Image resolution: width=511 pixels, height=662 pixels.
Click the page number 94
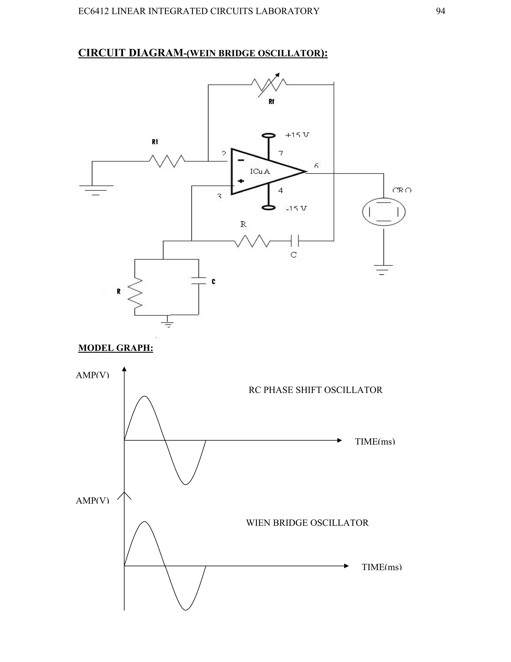click(x=440, y=11)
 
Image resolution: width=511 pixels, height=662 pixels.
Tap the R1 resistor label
click(x=155, y=142)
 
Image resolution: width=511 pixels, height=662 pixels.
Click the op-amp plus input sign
click(x=241, y=181)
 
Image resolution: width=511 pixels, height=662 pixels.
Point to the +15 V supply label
click(x=297, y=135)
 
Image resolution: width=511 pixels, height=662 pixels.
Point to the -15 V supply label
click(x=296, y=208)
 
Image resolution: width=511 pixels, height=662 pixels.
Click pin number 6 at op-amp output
click(x=316, y=165)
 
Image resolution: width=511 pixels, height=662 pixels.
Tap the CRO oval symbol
click(x=383, y=212)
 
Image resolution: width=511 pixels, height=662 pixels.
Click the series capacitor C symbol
click(x=294, y=241)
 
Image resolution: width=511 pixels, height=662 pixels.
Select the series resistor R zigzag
click(x=252, y=241)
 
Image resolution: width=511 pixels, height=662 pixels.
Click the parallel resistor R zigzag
click(x=135, y=293)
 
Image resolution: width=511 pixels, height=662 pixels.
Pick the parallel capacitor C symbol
click(x=199, y=281)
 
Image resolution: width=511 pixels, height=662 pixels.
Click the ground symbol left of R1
click(x=96, y=190)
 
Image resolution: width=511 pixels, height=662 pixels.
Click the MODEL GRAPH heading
click(x=116, y=348)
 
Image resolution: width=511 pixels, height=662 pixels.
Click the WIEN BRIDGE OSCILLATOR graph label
click(x=307, y=523)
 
